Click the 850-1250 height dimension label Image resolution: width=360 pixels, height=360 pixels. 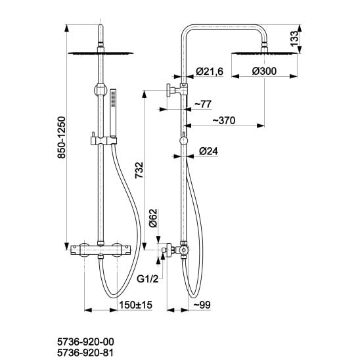(x=62, y=138)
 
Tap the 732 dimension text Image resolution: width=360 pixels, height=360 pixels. (x=139, y=170)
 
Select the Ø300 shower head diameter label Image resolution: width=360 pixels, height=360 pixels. (x=264, y=71)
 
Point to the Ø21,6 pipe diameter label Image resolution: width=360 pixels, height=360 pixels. (x=210, y=72)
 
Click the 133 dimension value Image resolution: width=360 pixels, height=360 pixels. (x=294, y=38)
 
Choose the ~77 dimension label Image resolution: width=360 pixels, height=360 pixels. (x=203, y=104)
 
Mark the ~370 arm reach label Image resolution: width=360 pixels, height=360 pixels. (x=223, y=120)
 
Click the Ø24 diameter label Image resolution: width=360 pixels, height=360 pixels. (x=208, y=151)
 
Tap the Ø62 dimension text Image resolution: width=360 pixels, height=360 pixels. (x=153, y=218)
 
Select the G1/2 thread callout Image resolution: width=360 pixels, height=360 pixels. (x=147, y=279)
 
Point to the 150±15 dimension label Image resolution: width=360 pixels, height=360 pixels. (x=136, y=305)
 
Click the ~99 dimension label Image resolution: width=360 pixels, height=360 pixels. (x=202, y=305)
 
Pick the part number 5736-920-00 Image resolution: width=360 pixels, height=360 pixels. (x=85, y=342)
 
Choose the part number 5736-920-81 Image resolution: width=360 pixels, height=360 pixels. (x=85, y=353)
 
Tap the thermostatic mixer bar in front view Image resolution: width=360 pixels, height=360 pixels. (x=101, y=249)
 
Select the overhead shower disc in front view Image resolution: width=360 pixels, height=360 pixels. (x=101, y=53)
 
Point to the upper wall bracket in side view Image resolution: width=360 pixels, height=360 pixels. (x=177, y=89)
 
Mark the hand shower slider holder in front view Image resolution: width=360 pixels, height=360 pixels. (x=104, y=141)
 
